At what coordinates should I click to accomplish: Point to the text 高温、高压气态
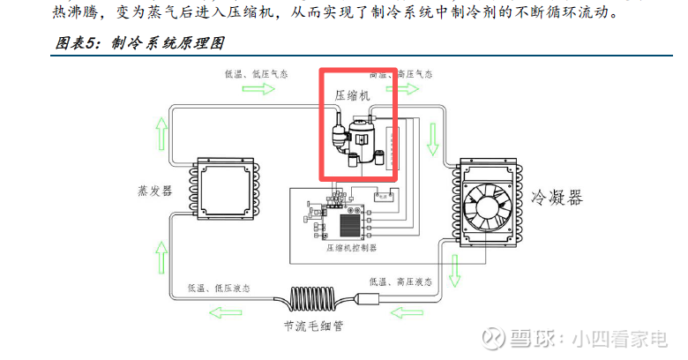click(400, 73)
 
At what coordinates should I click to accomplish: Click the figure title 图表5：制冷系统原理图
click(138, 41)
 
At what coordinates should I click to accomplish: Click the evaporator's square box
click(225, 187)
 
